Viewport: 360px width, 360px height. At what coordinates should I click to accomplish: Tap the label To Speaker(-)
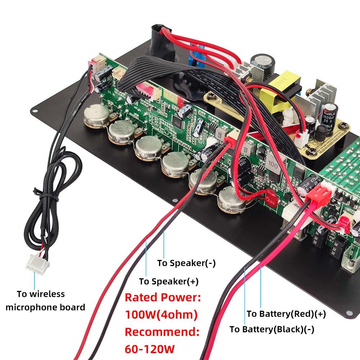coord(186,263)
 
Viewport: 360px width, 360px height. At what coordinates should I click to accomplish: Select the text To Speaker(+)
coord(168,281)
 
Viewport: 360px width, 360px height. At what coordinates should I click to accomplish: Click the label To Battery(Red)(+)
coord(286,314)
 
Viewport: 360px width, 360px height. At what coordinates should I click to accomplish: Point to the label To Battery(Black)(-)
coord(272,329)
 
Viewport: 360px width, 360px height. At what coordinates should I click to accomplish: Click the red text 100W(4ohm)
coord(161,315)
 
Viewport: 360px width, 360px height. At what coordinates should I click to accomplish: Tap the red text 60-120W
coord(149,348)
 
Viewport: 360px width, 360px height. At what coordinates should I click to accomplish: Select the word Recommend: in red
coord(162,332)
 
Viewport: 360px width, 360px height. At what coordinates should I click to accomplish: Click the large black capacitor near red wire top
coord(262,63)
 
